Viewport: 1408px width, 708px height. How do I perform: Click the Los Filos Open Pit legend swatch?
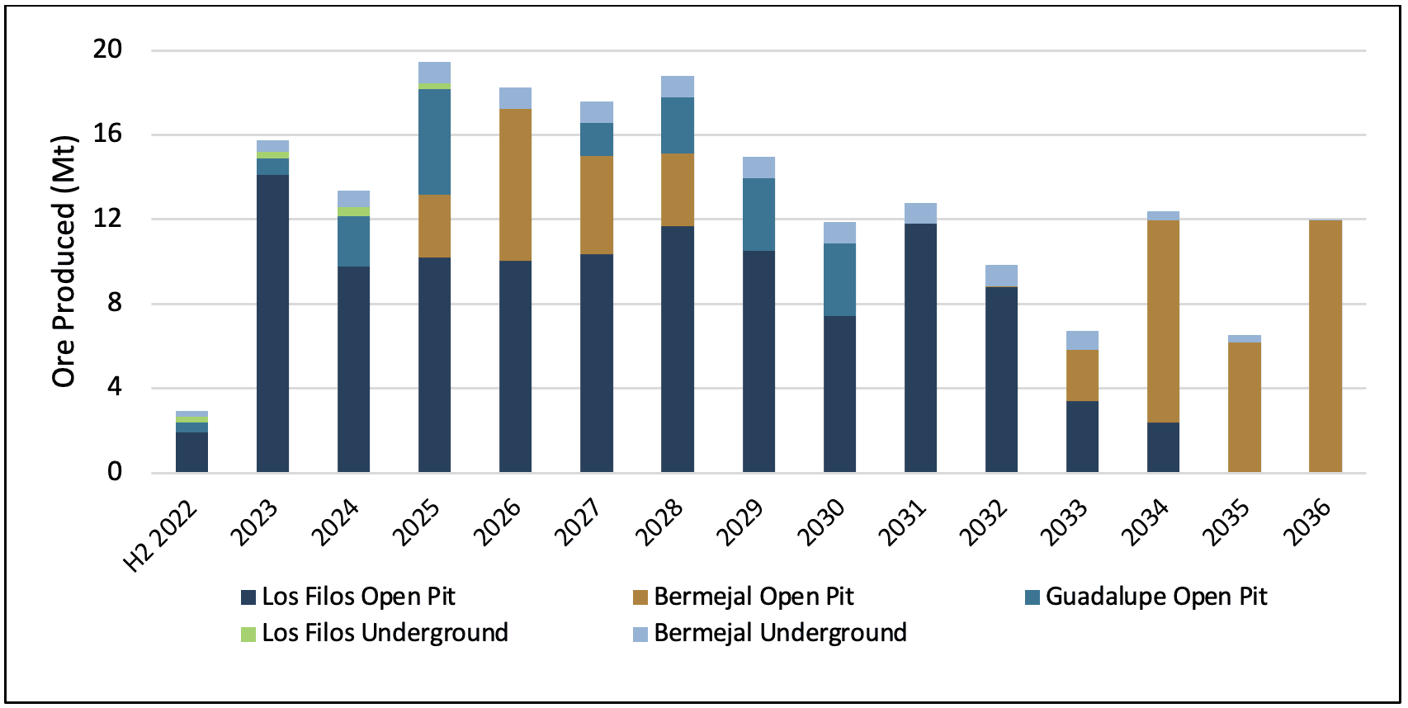248,597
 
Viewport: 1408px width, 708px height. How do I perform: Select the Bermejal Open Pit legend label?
754,597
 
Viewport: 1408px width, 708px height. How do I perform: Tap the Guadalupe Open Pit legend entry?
1146,597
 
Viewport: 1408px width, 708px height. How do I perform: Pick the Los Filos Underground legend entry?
375,633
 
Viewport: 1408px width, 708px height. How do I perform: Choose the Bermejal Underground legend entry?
770,633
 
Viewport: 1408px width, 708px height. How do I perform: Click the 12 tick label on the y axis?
107,219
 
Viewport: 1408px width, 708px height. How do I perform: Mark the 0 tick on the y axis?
115,472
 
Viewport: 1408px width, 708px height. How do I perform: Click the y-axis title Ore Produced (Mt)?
64,262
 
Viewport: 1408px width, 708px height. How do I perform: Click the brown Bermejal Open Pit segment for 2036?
1325,346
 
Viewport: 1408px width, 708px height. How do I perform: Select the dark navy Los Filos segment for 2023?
273,323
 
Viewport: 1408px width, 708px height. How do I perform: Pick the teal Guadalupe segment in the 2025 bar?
434,142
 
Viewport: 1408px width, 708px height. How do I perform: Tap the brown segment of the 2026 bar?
516,185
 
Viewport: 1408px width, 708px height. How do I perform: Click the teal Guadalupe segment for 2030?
840,280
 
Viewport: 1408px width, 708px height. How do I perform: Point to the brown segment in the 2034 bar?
1164,322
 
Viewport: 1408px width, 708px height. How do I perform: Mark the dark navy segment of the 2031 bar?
921,348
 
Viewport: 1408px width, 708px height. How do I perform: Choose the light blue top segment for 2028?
678,87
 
